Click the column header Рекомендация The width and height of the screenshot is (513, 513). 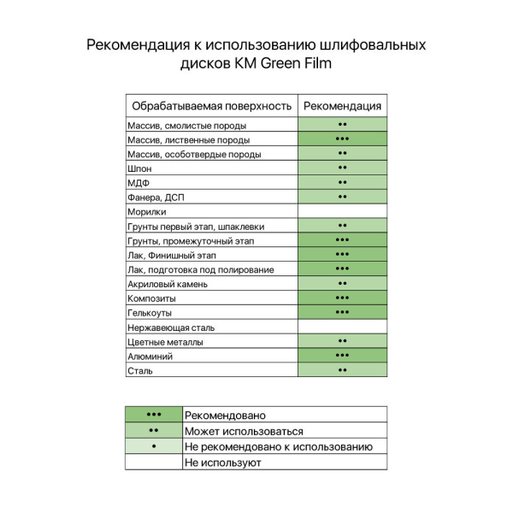342,106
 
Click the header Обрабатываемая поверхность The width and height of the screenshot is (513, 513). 211,106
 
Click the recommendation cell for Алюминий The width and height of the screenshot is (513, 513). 342,356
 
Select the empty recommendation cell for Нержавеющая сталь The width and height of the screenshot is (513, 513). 342,327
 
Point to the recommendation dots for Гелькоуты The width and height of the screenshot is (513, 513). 342,313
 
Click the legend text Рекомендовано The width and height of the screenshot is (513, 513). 225,415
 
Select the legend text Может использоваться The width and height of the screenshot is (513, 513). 244,431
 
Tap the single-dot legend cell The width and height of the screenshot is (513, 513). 154,446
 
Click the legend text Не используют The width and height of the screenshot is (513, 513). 222,463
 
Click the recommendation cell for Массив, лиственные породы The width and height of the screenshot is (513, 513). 342,139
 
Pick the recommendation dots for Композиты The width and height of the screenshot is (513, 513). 342,298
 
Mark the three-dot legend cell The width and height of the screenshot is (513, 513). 154,415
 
